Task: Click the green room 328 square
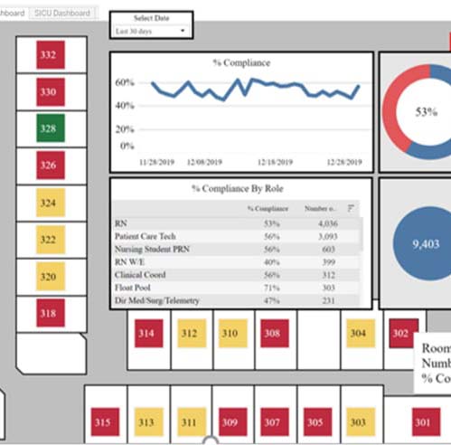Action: pos(48,128)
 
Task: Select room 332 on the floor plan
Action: pos(48,54)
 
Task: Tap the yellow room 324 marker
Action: pos(48,203)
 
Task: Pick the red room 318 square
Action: pos(48,313)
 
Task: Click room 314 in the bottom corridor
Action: pos(146,334)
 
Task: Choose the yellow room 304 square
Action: pos(358,334)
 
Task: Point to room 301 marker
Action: pos(421,421)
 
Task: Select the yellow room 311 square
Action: pos(189,421)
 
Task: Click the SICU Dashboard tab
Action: pos(62,13)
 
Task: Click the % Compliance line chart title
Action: pos(240,63)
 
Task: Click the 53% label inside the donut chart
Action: pos(426,112)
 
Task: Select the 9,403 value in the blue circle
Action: pos(426,243)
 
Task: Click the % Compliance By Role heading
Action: pos(240,189)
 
